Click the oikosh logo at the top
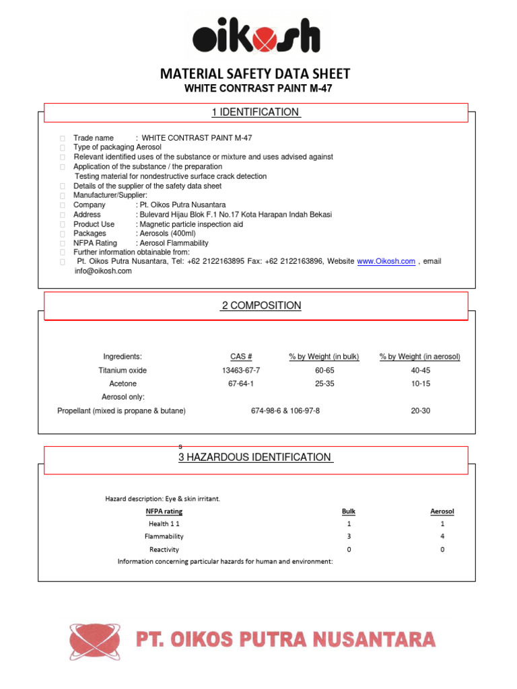click(x=256, y=36)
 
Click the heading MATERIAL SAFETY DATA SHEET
click(x=255, y=74)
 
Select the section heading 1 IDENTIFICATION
click(x=256, y=112)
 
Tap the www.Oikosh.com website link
click(x=386, y=261)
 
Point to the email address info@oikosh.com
click(x=103, y=271)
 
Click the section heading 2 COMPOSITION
click(x=261, y=305)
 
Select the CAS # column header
click(x=241, y=357)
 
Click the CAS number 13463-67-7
click(x=241, y=371)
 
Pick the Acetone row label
click(x=123, y=384)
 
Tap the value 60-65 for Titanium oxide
click(x=324, y=371)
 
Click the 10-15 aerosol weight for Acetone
click(x=420, y=384)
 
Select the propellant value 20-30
click(x=420, y=410)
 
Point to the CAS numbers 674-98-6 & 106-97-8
click(x=285, y=410)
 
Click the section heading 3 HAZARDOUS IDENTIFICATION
click(x=255, y=458)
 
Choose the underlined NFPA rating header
click(x=164, y=511)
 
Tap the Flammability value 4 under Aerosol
click(x=442, y=536)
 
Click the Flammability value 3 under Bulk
click(x=349, y=536)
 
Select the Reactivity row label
click(x=164, y=550)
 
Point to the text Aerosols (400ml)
click(x=167, y=233)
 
